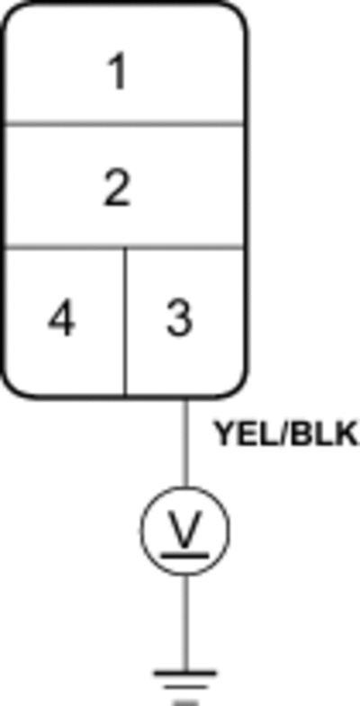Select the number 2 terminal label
[x=117, y=189]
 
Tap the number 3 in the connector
[x=179, y=318]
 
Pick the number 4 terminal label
[x=62, y=318]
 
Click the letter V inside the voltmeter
[x=185, y=529]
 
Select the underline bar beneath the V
[x=185, y=555]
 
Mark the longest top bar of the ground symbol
[x=185, y=674]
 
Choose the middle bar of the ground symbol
[x=185, y=687]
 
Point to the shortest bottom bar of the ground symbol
[x=185, y=702]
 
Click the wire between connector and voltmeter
[x=185, y=443]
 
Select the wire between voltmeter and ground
[x=185, y=623]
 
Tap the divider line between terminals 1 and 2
[x=124, y=123]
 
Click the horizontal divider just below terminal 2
[x=124, y=247]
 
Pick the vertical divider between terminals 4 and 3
[x=125, y=321]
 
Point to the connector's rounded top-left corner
[x=13, y=13]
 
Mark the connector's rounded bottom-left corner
[x=13, y=388]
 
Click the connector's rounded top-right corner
[x=237, y=13]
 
